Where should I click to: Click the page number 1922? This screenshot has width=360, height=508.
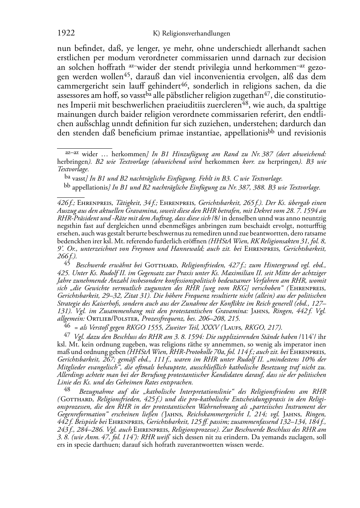(66, 33)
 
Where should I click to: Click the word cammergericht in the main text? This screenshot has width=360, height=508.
(79, 86)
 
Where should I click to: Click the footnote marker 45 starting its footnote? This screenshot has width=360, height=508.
(67, 263)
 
